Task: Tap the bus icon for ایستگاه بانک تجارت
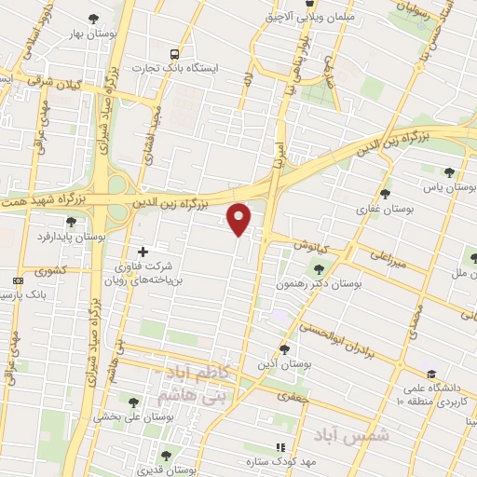pos(176,54)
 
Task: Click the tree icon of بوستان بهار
pos(92,19)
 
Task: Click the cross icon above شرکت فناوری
pos(143,251)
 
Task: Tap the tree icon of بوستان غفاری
pos(385,194)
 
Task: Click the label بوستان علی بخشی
pos(136,418)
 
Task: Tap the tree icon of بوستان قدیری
pos(166,456)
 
